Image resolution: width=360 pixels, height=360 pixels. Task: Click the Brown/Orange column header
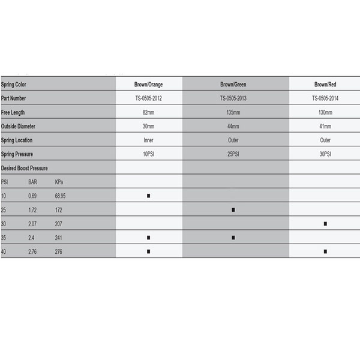(148, 85)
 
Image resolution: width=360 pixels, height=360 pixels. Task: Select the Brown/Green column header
(233, 85)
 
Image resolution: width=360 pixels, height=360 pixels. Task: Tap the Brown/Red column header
(325, 85)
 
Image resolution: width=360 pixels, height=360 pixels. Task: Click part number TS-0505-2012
(148, 98)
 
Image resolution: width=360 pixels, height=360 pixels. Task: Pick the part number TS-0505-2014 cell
(325, 98)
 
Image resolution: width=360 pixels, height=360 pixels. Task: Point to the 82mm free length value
(148, 112)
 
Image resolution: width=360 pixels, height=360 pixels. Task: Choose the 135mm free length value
(233, 112)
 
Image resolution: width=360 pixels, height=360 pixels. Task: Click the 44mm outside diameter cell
(233, 126)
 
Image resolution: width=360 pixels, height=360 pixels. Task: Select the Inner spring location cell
(148, 140)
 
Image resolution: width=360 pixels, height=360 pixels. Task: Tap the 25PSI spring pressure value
(233, 154)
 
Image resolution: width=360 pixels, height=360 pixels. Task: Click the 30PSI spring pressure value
(325, 154)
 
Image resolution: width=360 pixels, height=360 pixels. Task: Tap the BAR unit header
(34, 182)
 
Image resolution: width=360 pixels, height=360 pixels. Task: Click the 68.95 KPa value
(61, 196)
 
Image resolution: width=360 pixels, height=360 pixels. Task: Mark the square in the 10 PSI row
(148, 196)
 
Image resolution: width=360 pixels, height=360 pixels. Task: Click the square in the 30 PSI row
(325, 223)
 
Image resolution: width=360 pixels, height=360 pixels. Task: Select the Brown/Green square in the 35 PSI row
(233, 238)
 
